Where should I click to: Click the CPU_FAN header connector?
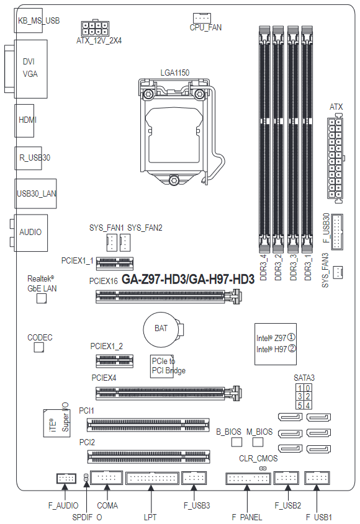pos(202,18)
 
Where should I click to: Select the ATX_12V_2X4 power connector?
pos(95,29)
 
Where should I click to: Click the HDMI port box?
pos(24,121)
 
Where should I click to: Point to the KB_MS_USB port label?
pos(39,20)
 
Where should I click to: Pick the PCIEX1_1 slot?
pos(115,264)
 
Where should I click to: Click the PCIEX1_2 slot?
pos(115,361)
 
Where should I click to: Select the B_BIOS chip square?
pos(236,442)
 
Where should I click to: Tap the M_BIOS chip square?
pos(258,442)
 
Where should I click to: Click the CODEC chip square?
pos(39,347)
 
